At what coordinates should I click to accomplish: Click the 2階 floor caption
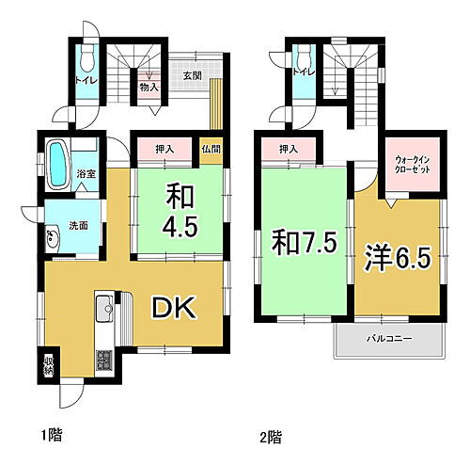tap(269, 437)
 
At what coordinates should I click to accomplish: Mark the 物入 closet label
tap(148, 87)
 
